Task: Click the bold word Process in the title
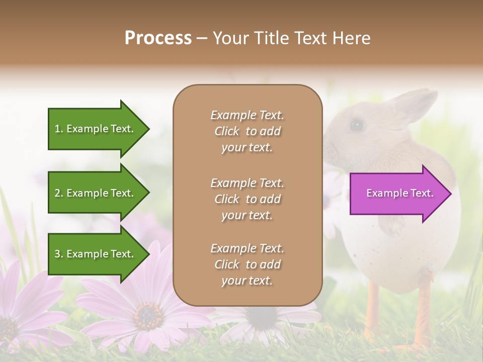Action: (158, 38)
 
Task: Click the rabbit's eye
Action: (357, 125)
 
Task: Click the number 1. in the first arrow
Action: (59, 129)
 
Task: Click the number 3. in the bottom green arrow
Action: (59, 254)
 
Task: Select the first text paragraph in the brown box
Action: (247, 131)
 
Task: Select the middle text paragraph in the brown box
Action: (247, 199)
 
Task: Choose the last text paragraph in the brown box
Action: (247, 264)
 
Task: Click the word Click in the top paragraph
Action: (226, 131)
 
